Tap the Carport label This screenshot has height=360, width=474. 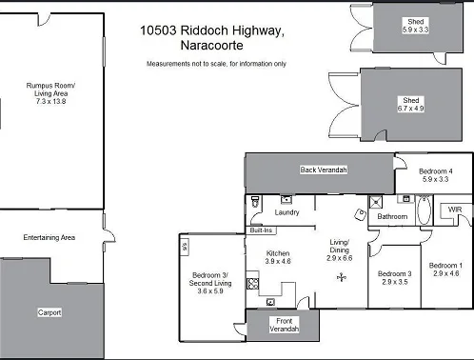pyautogui.click(x=49, y=311)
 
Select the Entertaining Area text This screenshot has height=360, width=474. pyautogui.click(x=49, y=237)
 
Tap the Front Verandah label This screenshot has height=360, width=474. pyautogui.click(x=282, y=324)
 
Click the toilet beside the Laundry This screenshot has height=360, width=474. pyautogui.click(x=254, y=203)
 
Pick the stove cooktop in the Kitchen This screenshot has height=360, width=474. pyautogui.click(x=252, y=283)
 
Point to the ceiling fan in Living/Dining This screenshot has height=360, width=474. pyautogui.click(x=341, y=277)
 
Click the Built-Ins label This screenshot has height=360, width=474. pyautogui.click(x=262, y=230)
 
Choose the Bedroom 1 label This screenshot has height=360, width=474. pyautogui.click(x=445, y=265)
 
